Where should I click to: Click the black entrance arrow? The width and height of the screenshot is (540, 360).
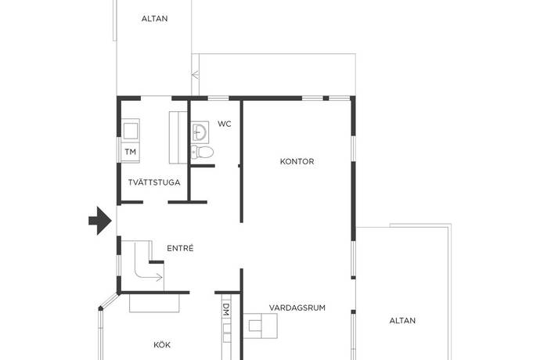[99, 220]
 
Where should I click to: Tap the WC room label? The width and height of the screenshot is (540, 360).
[225, 124]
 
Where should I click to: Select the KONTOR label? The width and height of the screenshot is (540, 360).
[297, 162]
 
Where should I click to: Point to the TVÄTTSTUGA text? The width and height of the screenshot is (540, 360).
[155, 183]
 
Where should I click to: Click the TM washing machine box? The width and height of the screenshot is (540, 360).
[130, 151]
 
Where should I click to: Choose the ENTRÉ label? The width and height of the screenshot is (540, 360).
[180, 248]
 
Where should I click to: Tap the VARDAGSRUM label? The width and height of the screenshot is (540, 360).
[297, 308]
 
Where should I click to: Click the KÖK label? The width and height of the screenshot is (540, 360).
[162, 344]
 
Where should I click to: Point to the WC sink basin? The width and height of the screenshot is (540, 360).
[200, 131]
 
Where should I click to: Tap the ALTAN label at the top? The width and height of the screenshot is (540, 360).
[154, 19]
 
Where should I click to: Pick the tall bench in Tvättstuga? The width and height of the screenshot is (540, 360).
[178, 135]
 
